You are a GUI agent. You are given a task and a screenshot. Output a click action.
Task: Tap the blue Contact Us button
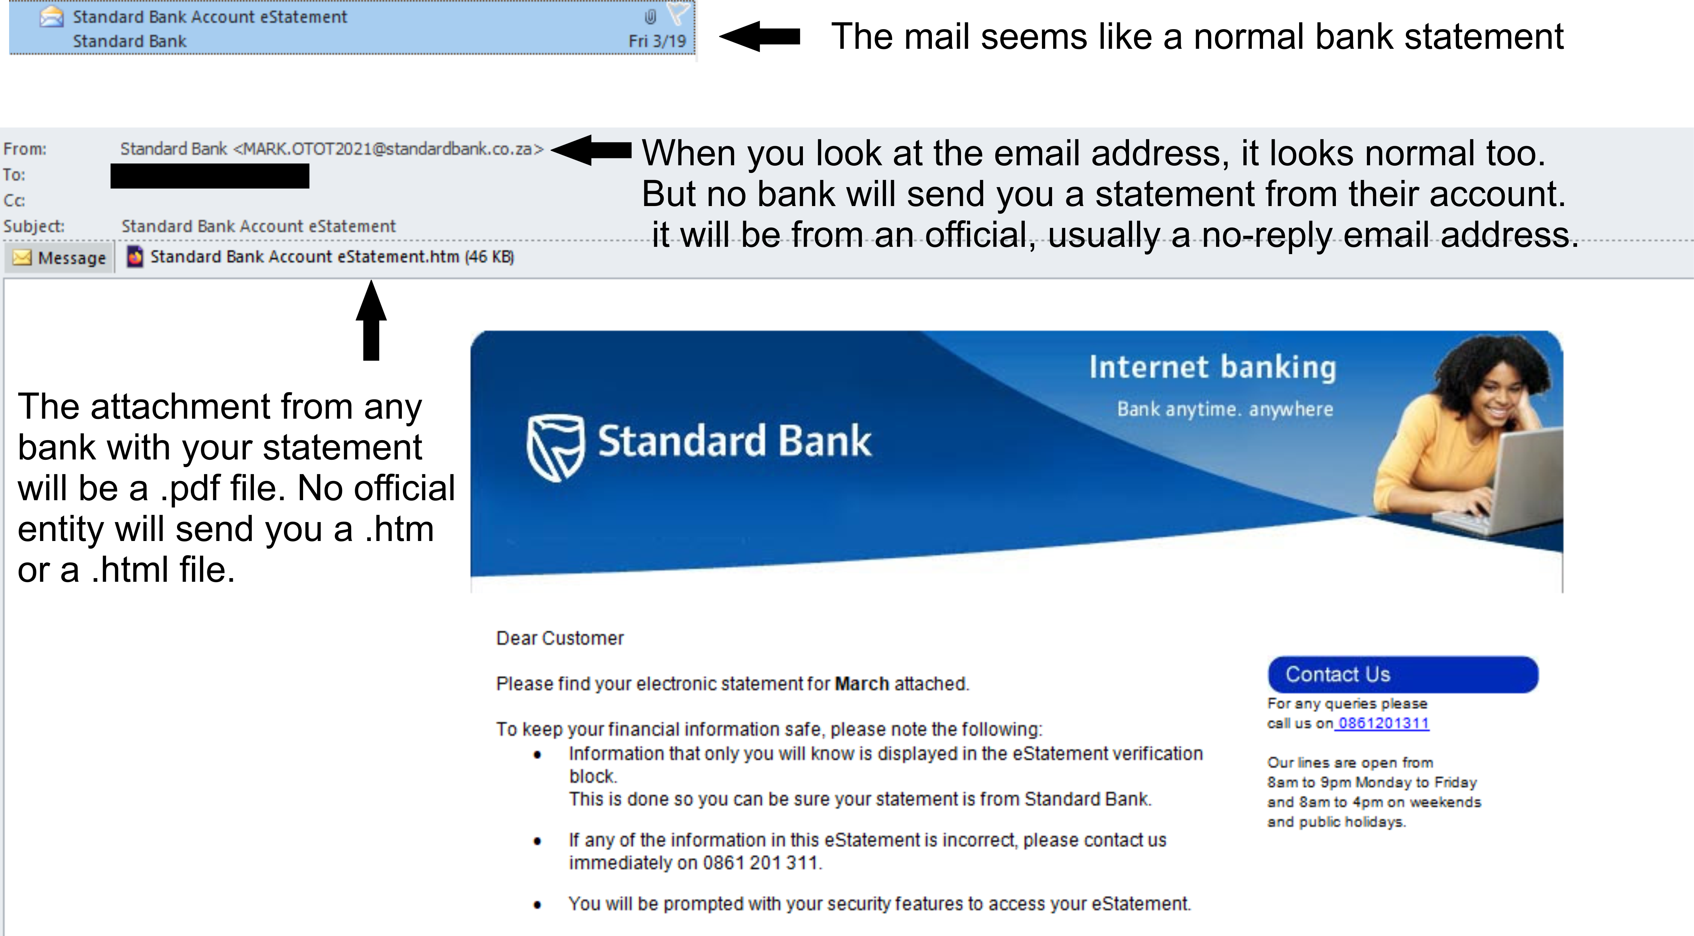point(1403,674)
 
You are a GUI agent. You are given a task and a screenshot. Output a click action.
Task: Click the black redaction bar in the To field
point(210,176)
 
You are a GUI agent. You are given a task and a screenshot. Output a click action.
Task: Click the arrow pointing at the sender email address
point(591,150)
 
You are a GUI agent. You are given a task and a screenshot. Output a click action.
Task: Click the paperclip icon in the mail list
point(650,16)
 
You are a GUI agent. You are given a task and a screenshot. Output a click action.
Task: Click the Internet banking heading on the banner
point(1213,367)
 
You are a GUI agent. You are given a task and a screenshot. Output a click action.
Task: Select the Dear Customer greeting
point(560,638)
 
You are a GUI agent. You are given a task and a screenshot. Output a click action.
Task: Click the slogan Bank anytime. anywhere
point(1224,409)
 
